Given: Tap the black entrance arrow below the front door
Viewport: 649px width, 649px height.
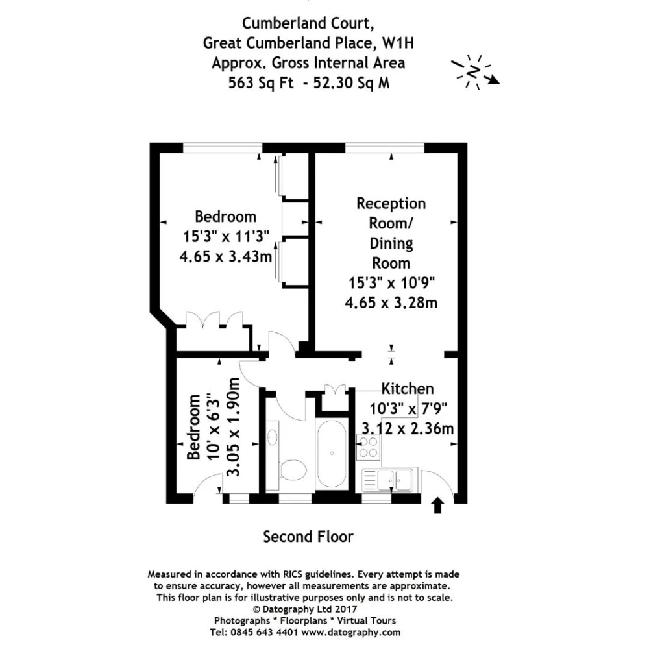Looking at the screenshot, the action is tap(437, 506).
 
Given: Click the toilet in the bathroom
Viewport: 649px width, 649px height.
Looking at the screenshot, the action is tap(292, 470).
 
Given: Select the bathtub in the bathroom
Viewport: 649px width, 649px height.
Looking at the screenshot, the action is tap(332, 454).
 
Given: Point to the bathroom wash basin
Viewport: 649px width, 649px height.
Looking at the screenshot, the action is tap(272, 437).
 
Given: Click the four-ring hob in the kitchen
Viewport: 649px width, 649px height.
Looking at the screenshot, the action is tap(368, 447).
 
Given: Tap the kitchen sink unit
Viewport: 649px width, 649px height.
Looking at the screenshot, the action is tap(387, 480).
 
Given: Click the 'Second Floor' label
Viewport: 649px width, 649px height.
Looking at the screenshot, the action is tap(308, 537).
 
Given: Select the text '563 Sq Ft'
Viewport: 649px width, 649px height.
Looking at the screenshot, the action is tap(261, 83).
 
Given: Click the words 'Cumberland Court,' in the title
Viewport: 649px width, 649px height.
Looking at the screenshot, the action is tap(308, 23).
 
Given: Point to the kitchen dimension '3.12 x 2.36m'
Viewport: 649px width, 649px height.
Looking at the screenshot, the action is tap(408, 428).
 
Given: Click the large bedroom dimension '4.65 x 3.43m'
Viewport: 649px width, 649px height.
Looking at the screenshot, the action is tap(226, 256).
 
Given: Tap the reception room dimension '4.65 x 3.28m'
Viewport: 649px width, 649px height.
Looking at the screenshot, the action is tap(391, 302).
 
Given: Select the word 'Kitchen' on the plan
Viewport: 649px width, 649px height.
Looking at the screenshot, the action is tap(408, 389).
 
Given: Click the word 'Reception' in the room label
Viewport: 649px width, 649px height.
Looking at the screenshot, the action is tap(391, 204).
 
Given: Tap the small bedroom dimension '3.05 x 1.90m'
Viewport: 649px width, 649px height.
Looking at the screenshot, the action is tap(234, 427).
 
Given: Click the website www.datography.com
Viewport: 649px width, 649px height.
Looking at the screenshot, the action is tap(351, 632).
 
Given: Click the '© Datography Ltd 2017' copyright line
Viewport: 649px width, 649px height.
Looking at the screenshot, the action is tap(304, 609).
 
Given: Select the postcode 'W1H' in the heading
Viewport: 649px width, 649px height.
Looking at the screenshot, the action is tap(398, 43).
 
